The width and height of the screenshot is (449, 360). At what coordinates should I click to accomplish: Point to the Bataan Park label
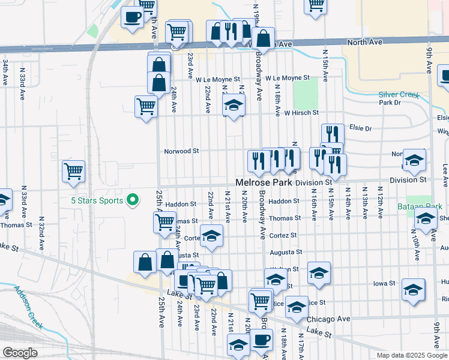coord(423,206)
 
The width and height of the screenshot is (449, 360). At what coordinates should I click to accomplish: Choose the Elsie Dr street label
coord(360,128)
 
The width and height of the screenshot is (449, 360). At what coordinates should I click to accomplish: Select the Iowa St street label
coord(384,283)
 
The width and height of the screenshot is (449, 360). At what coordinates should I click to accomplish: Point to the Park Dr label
coord(390,103)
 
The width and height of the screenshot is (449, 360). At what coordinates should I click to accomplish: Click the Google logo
coord(20,353)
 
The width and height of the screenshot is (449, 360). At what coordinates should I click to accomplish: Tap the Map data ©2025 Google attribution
coord(412,355)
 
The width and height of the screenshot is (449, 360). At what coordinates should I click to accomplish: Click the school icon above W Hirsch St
coord(234,106)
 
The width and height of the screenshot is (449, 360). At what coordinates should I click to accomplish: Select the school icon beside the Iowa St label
coord(413,289)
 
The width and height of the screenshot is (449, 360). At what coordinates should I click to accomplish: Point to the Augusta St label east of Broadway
coord(285,253)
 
